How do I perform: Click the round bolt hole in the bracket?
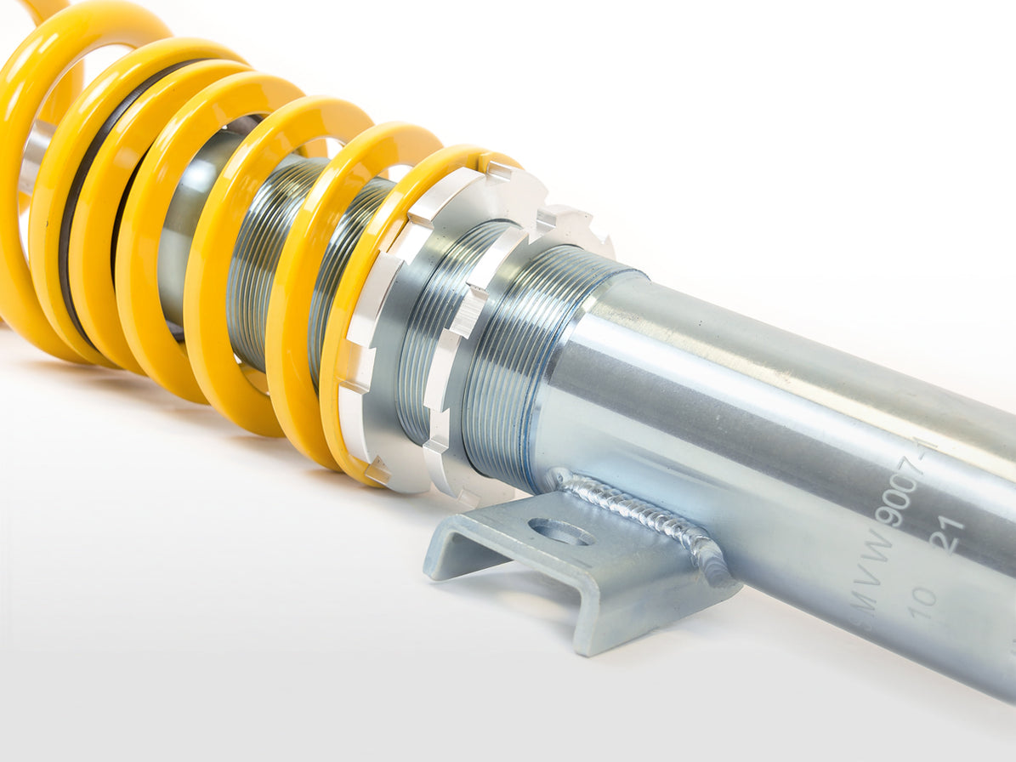[x=560, y=532]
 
